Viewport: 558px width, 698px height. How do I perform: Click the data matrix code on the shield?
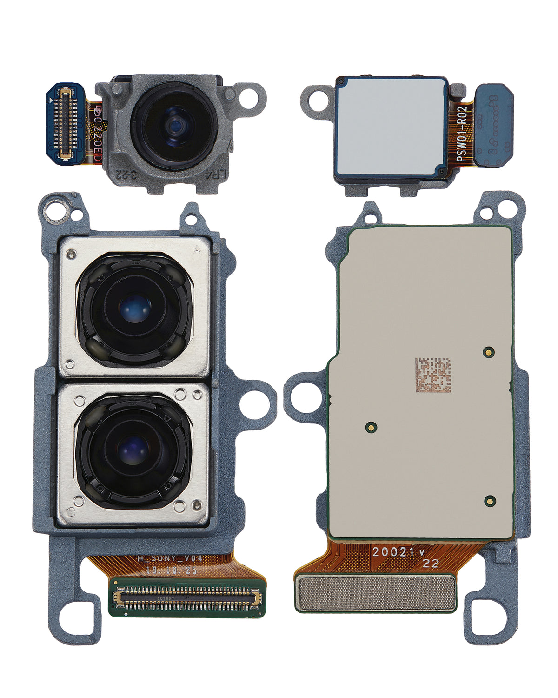point(433,375)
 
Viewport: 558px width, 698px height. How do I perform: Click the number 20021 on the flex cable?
point(393,552)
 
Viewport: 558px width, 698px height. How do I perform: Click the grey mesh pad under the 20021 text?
point(376,593)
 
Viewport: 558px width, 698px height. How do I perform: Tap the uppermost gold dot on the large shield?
point(488,352)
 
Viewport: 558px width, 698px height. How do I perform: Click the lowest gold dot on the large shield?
point(490,501)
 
